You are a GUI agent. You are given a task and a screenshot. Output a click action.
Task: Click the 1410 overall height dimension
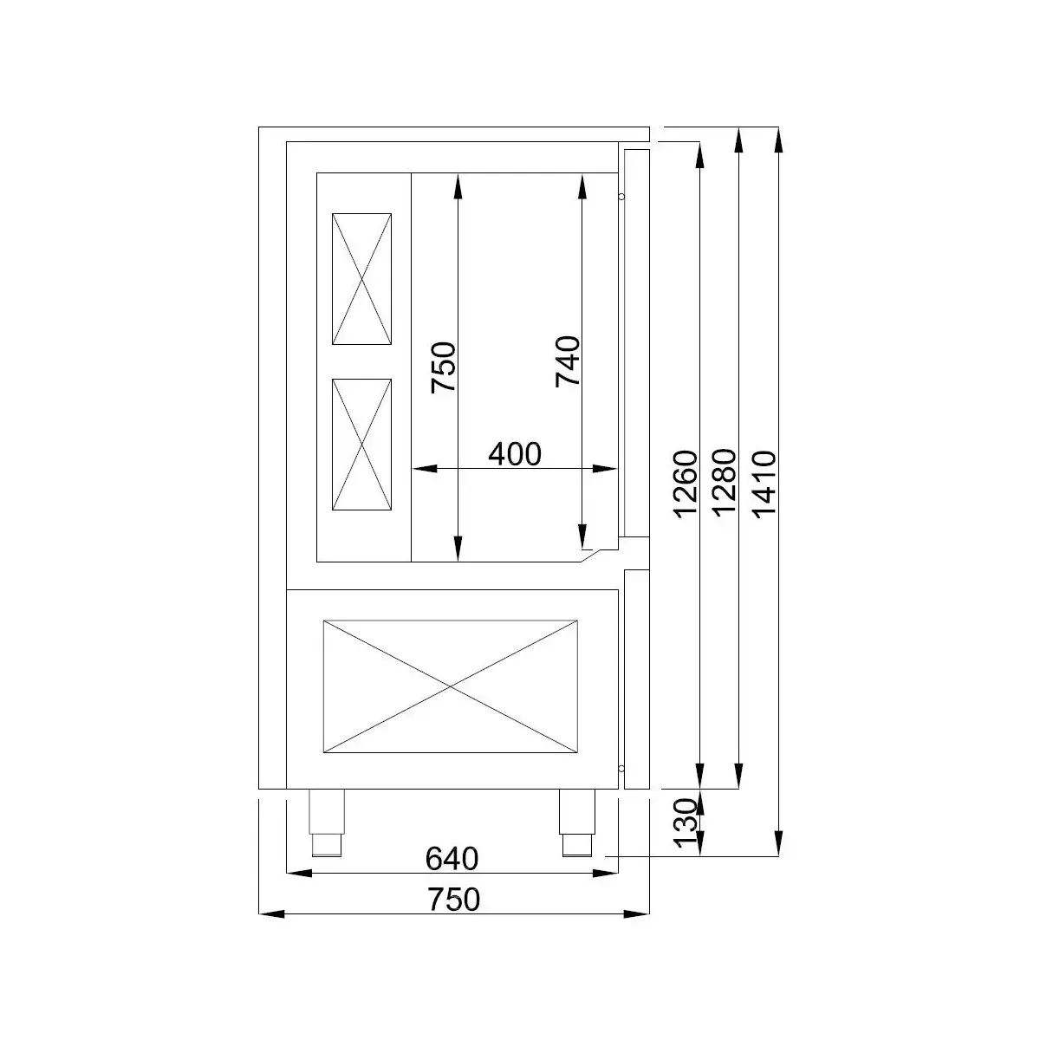pyautogui.click(x=764, y=484)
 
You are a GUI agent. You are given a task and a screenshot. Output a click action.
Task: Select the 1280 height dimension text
pyautogui.click(x=725, y=482)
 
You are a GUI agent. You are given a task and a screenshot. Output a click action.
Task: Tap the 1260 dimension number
pyautogui.click(x=686, y=484)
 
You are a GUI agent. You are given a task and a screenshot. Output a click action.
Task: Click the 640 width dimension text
pyautogui.click(x=452, y=859)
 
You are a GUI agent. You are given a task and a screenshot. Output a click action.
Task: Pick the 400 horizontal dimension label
pyautogui.click(x=514, y=454)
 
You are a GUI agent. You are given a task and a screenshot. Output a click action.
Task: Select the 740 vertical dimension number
pyautogui.click(x=568, y=361)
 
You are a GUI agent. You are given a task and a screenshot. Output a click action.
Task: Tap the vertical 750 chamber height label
pyautogui.click(x=444, y=367)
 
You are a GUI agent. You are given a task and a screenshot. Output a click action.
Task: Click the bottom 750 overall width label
pyautogui.click(x=454, y=900)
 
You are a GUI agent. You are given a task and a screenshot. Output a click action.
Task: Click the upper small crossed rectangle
pyautogui.click(x=361, y=279)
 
